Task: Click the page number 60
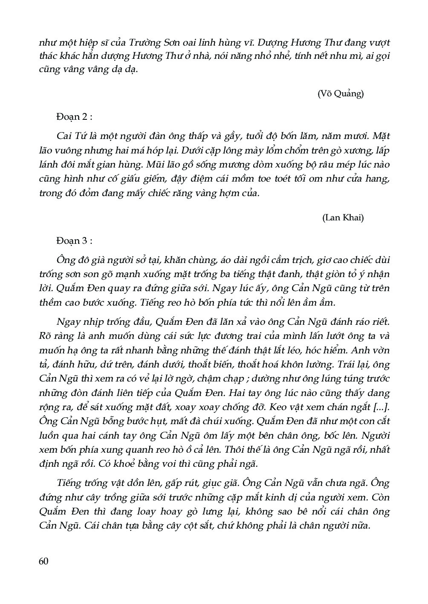click(44, 561)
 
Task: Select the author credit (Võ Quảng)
click(341, 94)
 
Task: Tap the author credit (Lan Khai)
click(343, 218)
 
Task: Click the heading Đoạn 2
click(74, 117)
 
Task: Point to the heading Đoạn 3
click(74, 241)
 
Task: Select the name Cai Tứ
click(70, 137)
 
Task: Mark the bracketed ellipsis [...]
click(381, 407)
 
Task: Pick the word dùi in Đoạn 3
click(382, 260)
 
